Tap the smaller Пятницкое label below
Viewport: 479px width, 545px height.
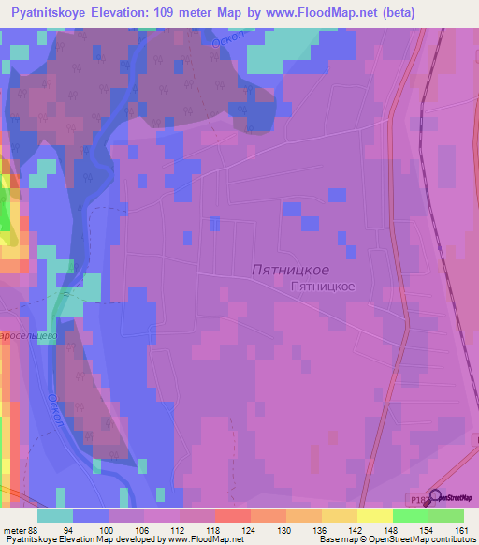pos(322,287)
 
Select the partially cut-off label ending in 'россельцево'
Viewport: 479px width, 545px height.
pos(29,334)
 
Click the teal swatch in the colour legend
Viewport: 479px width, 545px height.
pos(54,516)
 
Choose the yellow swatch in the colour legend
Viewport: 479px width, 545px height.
pos(374,516)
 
